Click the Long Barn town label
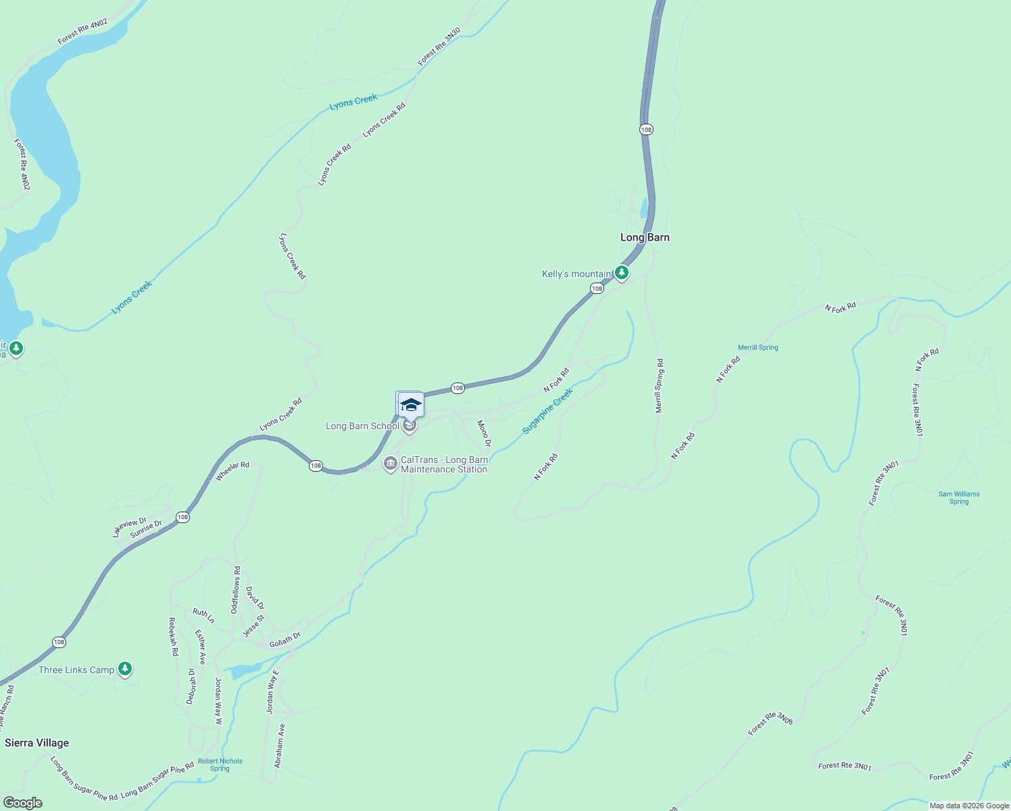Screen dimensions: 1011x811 [645, 237]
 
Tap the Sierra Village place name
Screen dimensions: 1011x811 [37, 743]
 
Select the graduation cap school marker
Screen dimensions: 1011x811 [410, 405]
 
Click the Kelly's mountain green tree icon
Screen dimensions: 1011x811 [622, 273]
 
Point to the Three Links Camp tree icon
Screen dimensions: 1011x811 [124, 669]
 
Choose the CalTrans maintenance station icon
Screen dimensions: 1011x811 [390, 464]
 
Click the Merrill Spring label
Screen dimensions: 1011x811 [758, 347]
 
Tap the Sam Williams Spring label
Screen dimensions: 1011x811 [959, 498]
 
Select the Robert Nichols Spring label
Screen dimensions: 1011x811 [220, 764]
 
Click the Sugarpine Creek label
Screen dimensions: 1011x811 [547, 411]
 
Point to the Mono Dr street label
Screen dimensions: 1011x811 [484, 433]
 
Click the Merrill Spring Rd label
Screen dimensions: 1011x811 [659, 386]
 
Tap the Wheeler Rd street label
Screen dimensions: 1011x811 [232, 471]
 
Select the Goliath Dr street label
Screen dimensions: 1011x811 [285, 639]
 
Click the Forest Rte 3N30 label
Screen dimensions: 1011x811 [439, 47]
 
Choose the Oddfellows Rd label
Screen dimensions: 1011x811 [236, 589]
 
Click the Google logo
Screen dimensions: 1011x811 [22, 803]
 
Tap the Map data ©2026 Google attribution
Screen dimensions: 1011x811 [969, 806]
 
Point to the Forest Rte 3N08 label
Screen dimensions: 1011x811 [770, 724]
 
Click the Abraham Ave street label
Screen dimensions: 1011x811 [280, 745]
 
